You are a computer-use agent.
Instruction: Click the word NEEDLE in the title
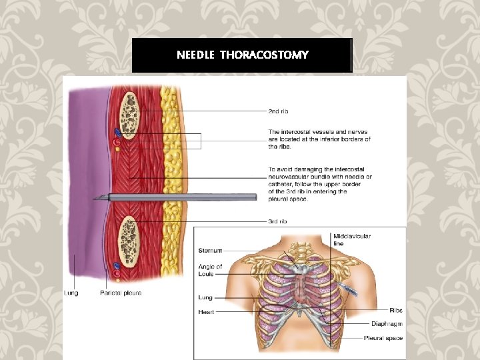pyautogui.click(x=195, y=55)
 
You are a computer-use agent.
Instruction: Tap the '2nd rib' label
pyautogui.click(x=278, y=111)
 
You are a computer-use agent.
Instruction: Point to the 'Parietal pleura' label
pyautogui.click(x=121, y=293)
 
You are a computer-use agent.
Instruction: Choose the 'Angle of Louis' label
pyautogui.click(x=210, y=271)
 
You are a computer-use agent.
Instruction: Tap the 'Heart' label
pyautogui.click(x=205, y=311)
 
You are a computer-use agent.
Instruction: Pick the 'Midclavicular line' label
pyautogui.click(x=352, y=240)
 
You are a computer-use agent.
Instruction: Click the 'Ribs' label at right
pyautogui.click(x=396, y=310)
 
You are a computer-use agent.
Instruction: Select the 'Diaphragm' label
pyautogui.click(x=387, y=324)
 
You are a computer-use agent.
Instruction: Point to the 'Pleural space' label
pyautogui.click(x=383, y=338)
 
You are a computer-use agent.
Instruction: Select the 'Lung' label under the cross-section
pyautogui.click(x=71, y=293)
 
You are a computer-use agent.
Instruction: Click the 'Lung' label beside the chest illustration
pyautogui.click(x=205, y=297)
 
